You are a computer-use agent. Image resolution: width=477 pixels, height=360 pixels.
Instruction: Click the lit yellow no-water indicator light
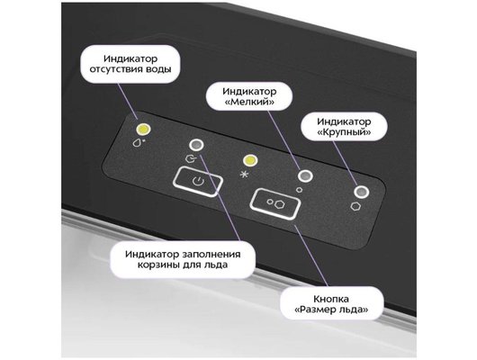point(144,130)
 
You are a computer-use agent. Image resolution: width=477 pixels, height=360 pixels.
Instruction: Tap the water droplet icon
point(138,142)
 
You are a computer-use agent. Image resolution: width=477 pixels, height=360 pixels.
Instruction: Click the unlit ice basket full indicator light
point(196,145)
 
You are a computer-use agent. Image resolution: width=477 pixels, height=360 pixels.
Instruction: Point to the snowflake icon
point(243,175)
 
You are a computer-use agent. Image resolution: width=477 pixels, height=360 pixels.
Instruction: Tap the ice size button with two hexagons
point(275,203)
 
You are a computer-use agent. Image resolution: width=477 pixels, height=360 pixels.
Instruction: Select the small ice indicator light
point(305,175)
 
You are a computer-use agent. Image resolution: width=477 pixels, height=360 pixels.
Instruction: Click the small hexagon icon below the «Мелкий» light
point(300,190)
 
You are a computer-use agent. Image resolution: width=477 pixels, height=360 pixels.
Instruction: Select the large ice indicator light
point(362,192)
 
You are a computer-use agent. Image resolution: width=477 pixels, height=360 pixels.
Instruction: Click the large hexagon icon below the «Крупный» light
point(355,206)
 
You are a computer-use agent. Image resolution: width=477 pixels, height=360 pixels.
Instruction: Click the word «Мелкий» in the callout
point(249,102)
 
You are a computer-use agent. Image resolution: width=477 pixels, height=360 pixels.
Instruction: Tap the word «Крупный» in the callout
point(344,132)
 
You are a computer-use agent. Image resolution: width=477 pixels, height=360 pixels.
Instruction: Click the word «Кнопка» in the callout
point(331,299)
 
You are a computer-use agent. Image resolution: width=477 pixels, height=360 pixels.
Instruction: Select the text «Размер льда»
point(331,310)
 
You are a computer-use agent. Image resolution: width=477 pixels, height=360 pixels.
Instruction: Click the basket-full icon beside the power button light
point(190,157)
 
